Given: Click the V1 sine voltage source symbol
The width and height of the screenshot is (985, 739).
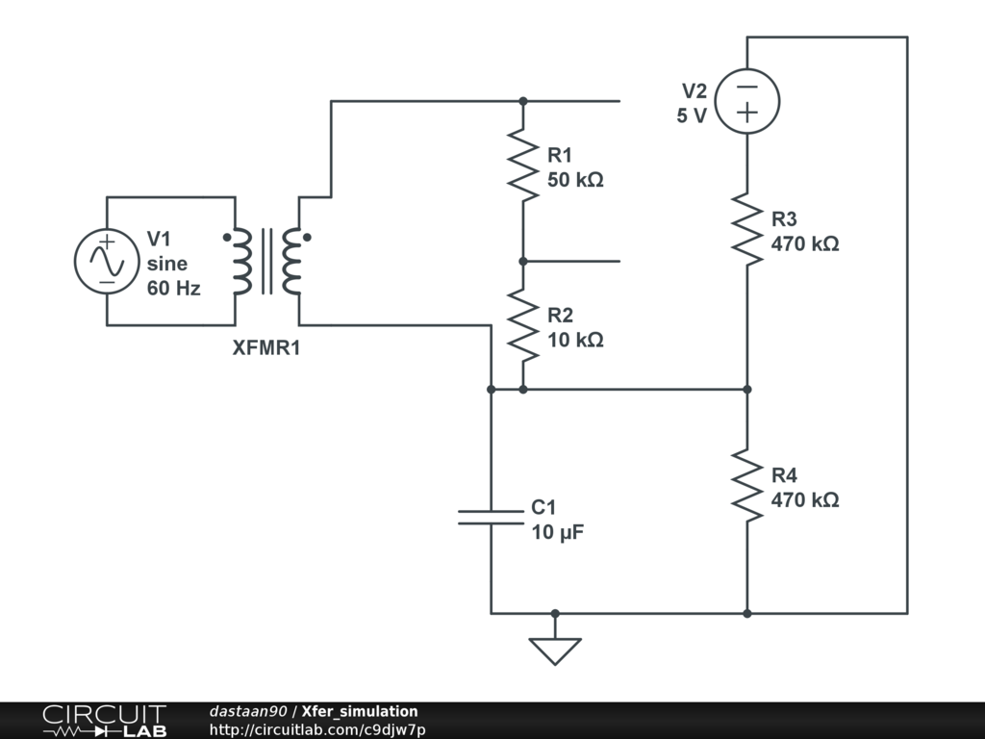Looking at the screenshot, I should click(x=107, y=262).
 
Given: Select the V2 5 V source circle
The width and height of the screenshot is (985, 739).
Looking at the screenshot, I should click(x=747, y=101).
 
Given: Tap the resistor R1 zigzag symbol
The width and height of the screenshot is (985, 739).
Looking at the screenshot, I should click(x=523, y=166).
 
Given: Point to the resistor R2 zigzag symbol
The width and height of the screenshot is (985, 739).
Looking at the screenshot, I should click(x=523, y=325).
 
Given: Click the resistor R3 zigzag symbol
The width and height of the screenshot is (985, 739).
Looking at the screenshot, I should click(x=747, y=229).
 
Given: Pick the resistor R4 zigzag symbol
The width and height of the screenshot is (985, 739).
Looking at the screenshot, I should click(x=747, y=486).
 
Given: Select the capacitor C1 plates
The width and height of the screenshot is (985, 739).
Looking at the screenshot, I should click(x=491, y=518).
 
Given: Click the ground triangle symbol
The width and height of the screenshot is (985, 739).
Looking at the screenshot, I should click(x=555, y=651).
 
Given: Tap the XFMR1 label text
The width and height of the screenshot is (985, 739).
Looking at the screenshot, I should click(x=266, y=348).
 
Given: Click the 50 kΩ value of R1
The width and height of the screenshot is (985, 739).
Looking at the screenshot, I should click(x=575, y=179).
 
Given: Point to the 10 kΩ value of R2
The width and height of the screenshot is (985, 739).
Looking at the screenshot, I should click(x=575, y=339).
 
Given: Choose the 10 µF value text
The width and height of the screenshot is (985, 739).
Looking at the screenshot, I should click(x=558, y=531).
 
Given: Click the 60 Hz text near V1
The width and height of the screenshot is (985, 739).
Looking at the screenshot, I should click(x=174, y=287).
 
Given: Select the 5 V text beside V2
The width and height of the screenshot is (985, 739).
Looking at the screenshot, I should click(x=691, y=115).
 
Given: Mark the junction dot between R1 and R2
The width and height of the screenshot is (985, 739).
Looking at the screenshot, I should click(x=523, y=261).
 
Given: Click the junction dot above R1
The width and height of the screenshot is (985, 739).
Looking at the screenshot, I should click(x=523, y=101).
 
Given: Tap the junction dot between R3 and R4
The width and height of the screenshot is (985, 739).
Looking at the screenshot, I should click(x=747, y=390).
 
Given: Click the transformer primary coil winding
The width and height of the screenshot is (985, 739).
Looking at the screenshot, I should click(x=241, y=262).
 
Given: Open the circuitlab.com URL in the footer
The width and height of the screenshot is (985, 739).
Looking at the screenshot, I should click(x=317, y=729).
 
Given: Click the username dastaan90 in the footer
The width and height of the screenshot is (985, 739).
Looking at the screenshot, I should click(x=247, y=712).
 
